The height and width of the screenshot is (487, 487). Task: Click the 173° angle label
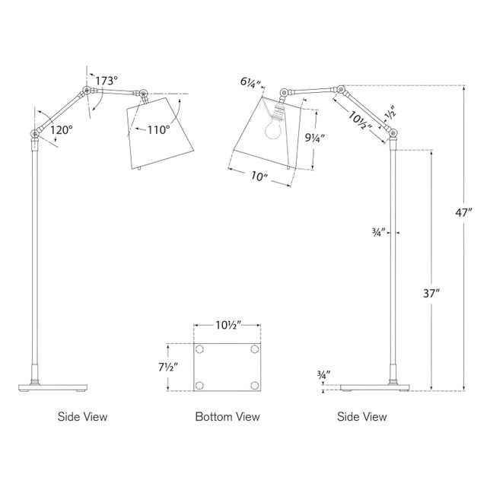point(108,80)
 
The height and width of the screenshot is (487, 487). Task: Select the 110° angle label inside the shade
point(159,129)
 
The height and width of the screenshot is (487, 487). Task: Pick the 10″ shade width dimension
point(259,177)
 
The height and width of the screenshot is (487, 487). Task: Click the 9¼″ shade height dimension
point(314,139)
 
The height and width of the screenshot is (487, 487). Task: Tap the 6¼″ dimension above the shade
point(250,83)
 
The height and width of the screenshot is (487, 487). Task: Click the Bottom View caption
point(228,417)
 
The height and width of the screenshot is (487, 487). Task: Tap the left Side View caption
point(83,417)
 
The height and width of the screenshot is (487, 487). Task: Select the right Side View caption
point(362,417)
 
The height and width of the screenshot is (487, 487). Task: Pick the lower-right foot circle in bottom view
point(253,384)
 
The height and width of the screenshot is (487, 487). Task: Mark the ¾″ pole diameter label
point(378,232)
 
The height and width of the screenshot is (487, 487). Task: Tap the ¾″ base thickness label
point(324,374)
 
